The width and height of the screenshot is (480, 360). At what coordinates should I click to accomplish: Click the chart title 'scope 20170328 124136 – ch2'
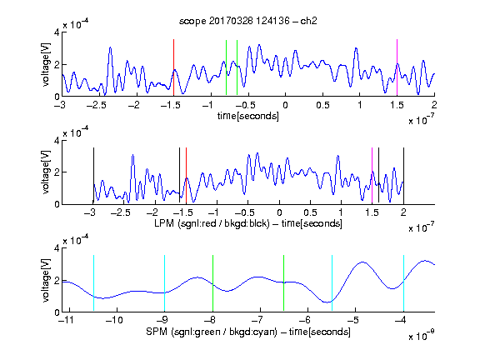click(x=248, y=21)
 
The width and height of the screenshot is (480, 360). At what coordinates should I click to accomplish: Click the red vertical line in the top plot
click(x=173, y=67)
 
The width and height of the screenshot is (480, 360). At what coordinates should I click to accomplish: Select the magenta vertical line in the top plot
click(x=397, y=67)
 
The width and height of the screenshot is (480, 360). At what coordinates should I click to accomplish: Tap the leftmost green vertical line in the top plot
click(x=226, y=67)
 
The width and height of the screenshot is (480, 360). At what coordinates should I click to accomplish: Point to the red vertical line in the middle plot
click(x=186, y=175)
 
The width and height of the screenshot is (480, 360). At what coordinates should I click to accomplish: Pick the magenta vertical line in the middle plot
click(x=372, y=175)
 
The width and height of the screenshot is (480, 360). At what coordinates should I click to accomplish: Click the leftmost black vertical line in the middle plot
click(x=93, y=175)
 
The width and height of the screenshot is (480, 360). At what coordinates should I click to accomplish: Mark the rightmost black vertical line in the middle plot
click(x=404, y=175)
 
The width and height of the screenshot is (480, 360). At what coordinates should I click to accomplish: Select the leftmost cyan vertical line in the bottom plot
click(x=93, y=283)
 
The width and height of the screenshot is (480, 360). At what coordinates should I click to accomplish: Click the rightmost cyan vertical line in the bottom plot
click(x=404, y=283)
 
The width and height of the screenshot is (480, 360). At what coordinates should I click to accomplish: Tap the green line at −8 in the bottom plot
click(x=212, y=283)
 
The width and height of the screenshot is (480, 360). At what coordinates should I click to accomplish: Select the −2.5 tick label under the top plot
click(x=97, y=105)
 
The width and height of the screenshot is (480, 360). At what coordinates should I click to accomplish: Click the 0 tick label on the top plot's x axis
click(x=285, y=105)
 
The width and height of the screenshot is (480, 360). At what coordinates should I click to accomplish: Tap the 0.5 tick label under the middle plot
click(x=310, y=212)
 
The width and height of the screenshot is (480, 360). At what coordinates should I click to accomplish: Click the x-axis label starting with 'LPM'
click(x=248, y=223)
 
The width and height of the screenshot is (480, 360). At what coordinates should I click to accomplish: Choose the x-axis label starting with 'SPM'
click(x=248, y=332)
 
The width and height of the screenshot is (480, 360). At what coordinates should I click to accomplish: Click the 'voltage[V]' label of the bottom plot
click(x=46, y=280)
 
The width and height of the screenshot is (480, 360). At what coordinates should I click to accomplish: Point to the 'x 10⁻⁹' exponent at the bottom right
click(x=422, y=336)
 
